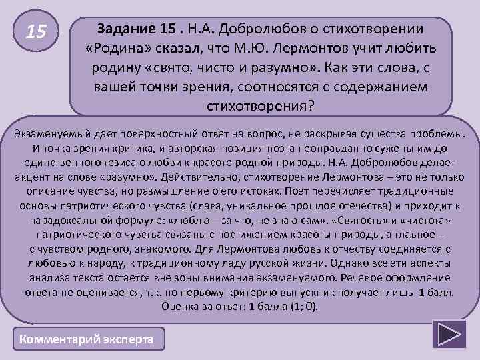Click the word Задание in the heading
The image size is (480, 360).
pyautogui.click(x=125, y=31)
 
